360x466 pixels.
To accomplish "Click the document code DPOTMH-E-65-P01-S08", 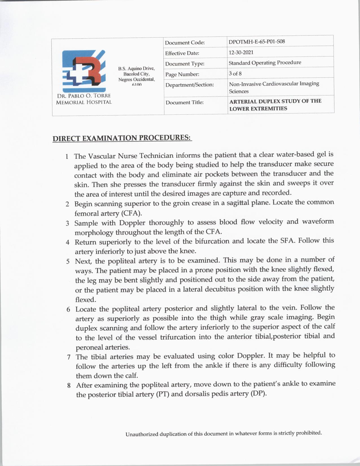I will (x=256, y=42).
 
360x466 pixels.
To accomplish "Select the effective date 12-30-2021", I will (x=241, y=52).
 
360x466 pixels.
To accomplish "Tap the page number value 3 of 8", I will (x=235, y=73).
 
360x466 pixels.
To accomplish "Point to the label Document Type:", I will (x=185, y=64).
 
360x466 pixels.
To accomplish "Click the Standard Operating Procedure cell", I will (x=265, y=62).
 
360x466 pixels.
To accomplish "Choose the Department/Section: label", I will (x=189, y=85).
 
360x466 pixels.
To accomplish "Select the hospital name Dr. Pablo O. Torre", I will (x=84, y=96).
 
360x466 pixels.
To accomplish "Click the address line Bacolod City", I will (x=137, y=74).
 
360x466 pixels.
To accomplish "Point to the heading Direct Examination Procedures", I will (x=122, y=138).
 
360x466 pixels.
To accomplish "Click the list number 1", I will (x=67, y=156).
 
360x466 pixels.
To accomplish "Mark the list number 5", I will (x=68, y=261).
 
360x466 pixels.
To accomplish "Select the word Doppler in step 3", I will (x=132, y=223).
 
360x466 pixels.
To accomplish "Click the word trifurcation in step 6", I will (x=178, y=337).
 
